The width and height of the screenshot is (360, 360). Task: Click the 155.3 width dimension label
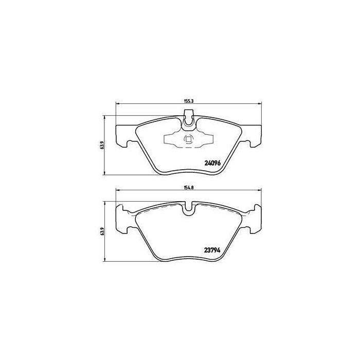tap(187, 101)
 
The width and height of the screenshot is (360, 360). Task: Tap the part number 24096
tap(212, 163)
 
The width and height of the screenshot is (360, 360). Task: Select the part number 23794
tap(212, 250)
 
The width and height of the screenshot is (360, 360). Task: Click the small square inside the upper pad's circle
tap(189, 139)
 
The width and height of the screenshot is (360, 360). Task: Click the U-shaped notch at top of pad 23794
tap(189, 207)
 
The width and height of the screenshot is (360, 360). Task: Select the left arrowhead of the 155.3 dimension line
tap(118, 104)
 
